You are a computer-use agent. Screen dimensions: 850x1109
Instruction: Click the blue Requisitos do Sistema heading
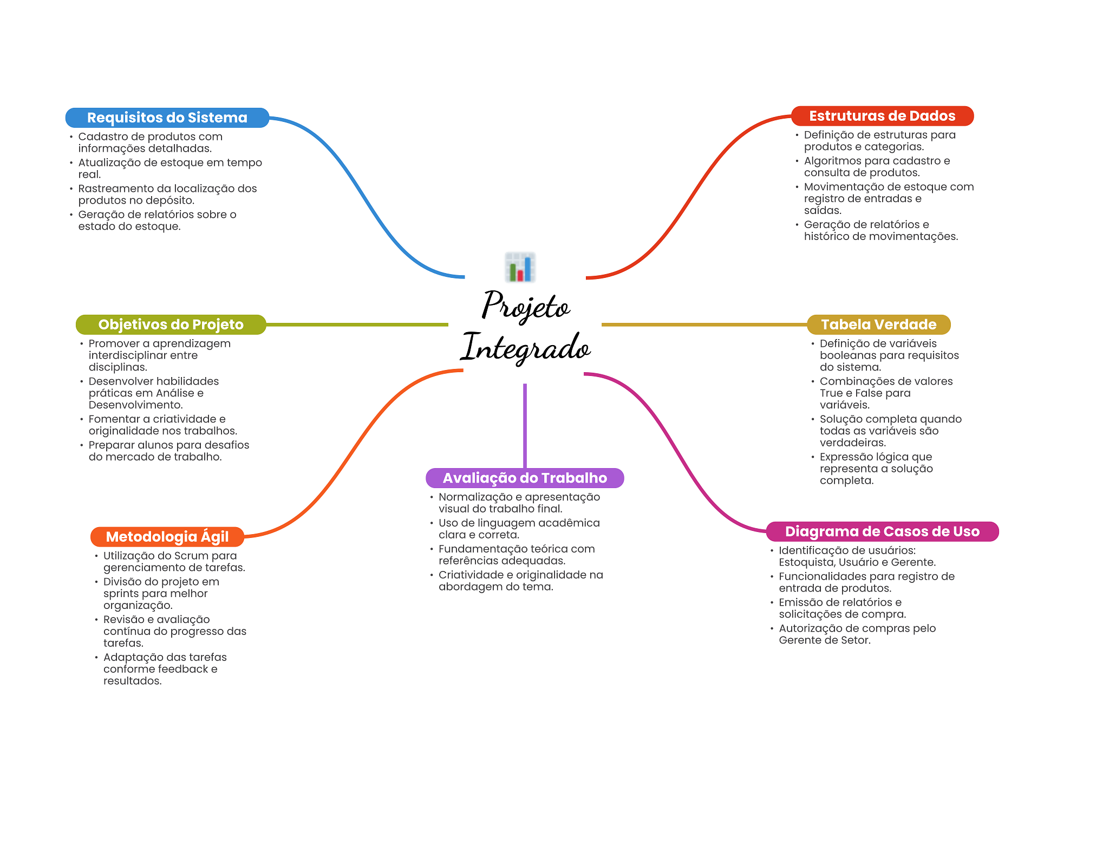[167, 118]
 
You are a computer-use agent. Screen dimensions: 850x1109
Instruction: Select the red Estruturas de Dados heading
[882, 116]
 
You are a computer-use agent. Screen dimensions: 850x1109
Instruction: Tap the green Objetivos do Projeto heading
[171, 325]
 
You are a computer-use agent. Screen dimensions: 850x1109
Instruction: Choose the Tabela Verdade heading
[878, 325]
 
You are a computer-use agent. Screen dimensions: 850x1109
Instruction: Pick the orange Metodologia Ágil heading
[167, 536]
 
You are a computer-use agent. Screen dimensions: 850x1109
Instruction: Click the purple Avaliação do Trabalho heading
[524, 478]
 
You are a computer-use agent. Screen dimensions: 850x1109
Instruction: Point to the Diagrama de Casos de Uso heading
[882, 531]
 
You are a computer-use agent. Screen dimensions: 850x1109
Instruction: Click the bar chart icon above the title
[520, 267]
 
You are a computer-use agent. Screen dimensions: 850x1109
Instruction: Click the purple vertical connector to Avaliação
[525, 425]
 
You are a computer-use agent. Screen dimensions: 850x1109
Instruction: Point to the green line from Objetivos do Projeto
[357, 325]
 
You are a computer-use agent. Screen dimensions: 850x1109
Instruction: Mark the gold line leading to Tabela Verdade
[704, 325]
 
